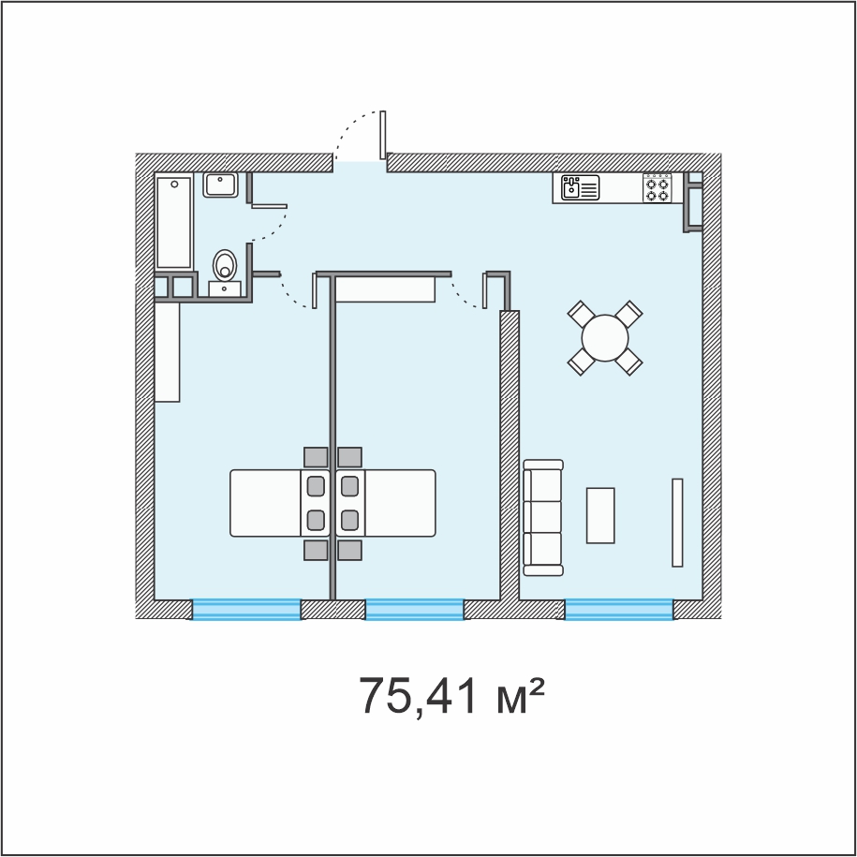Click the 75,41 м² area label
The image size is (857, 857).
[x=451, y=696]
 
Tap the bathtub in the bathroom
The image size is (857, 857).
[x=174, y=222]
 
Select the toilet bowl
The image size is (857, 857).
[x=225, y=265]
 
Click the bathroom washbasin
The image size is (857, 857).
[x=220, y=185]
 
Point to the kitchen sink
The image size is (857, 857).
[x=580, y=187]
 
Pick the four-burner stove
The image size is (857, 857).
[x=657, y=188]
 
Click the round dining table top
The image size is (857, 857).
[x=605, y=338]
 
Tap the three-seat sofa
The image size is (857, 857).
[x=542, y=517]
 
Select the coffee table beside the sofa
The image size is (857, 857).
[x=600, y=515]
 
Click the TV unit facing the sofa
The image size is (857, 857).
[x=677, y=523]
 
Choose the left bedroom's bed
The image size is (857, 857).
[x=280, y=503]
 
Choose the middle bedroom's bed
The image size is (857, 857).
[x=386, y=503]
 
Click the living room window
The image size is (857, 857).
[x=619, y=610]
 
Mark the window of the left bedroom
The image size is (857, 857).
[x=246, y=610]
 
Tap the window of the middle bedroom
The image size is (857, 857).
[x=414, y=610]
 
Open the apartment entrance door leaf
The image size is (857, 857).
[x=382, y=135]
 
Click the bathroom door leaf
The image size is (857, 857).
[x=269, y=206]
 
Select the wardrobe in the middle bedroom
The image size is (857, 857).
[x=385, y=289]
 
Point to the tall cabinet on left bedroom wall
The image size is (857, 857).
[x=168, y=352]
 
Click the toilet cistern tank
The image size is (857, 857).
[x=225, y=288]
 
